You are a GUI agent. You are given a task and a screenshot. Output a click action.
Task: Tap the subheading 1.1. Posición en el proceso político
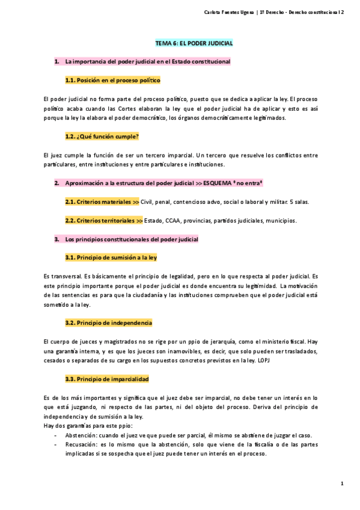112,80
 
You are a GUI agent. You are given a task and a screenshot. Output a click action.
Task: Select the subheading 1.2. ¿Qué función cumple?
102,136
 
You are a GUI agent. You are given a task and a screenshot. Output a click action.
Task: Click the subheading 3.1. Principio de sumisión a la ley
111,257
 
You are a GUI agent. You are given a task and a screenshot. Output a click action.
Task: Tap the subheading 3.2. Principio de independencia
108,322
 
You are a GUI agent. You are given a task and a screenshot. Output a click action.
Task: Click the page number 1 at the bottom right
341,483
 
